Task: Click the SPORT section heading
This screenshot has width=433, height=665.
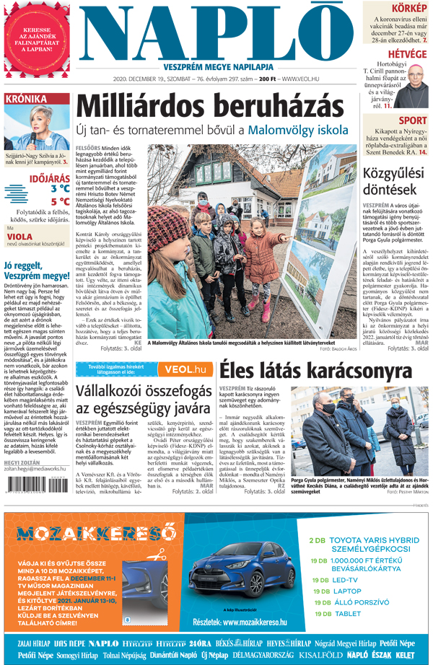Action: (412, 120)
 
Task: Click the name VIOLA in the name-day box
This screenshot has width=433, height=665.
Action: (20, 234)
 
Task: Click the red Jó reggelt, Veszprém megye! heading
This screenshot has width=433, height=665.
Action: (35, 270)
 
